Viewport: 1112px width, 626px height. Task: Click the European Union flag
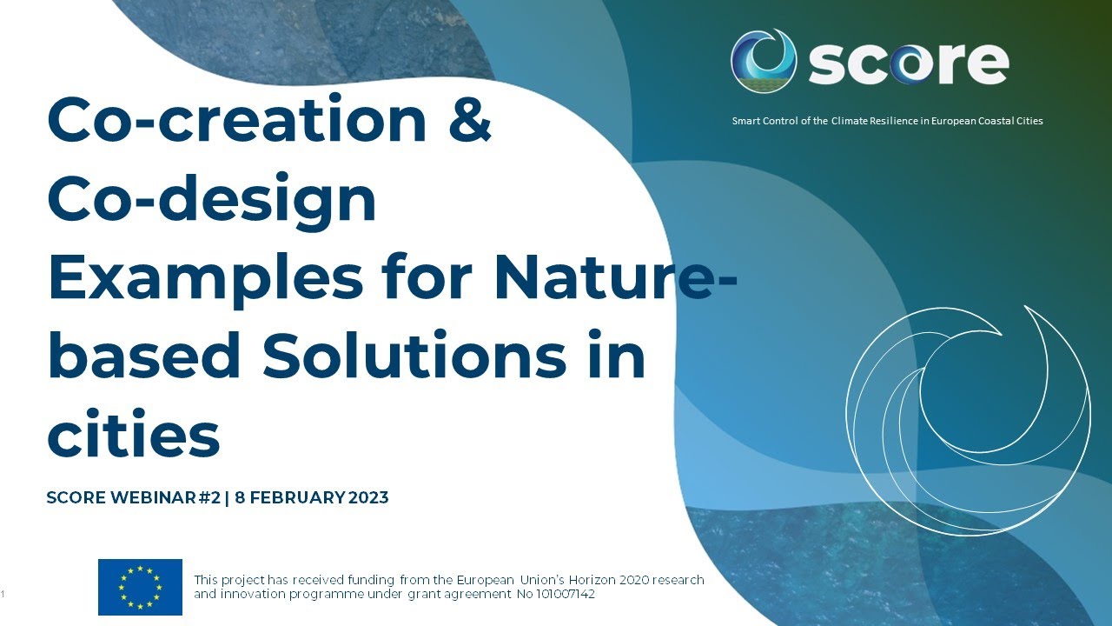point(140,587)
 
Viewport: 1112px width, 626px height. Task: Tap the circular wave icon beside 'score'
point(764,61)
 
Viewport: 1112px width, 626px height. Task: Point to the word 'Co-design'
point(211,199)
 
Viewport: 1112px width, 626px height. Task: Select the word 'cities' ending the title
point(133,435)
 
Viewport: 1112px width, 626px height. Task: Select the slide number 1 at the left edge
point(4,594)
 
